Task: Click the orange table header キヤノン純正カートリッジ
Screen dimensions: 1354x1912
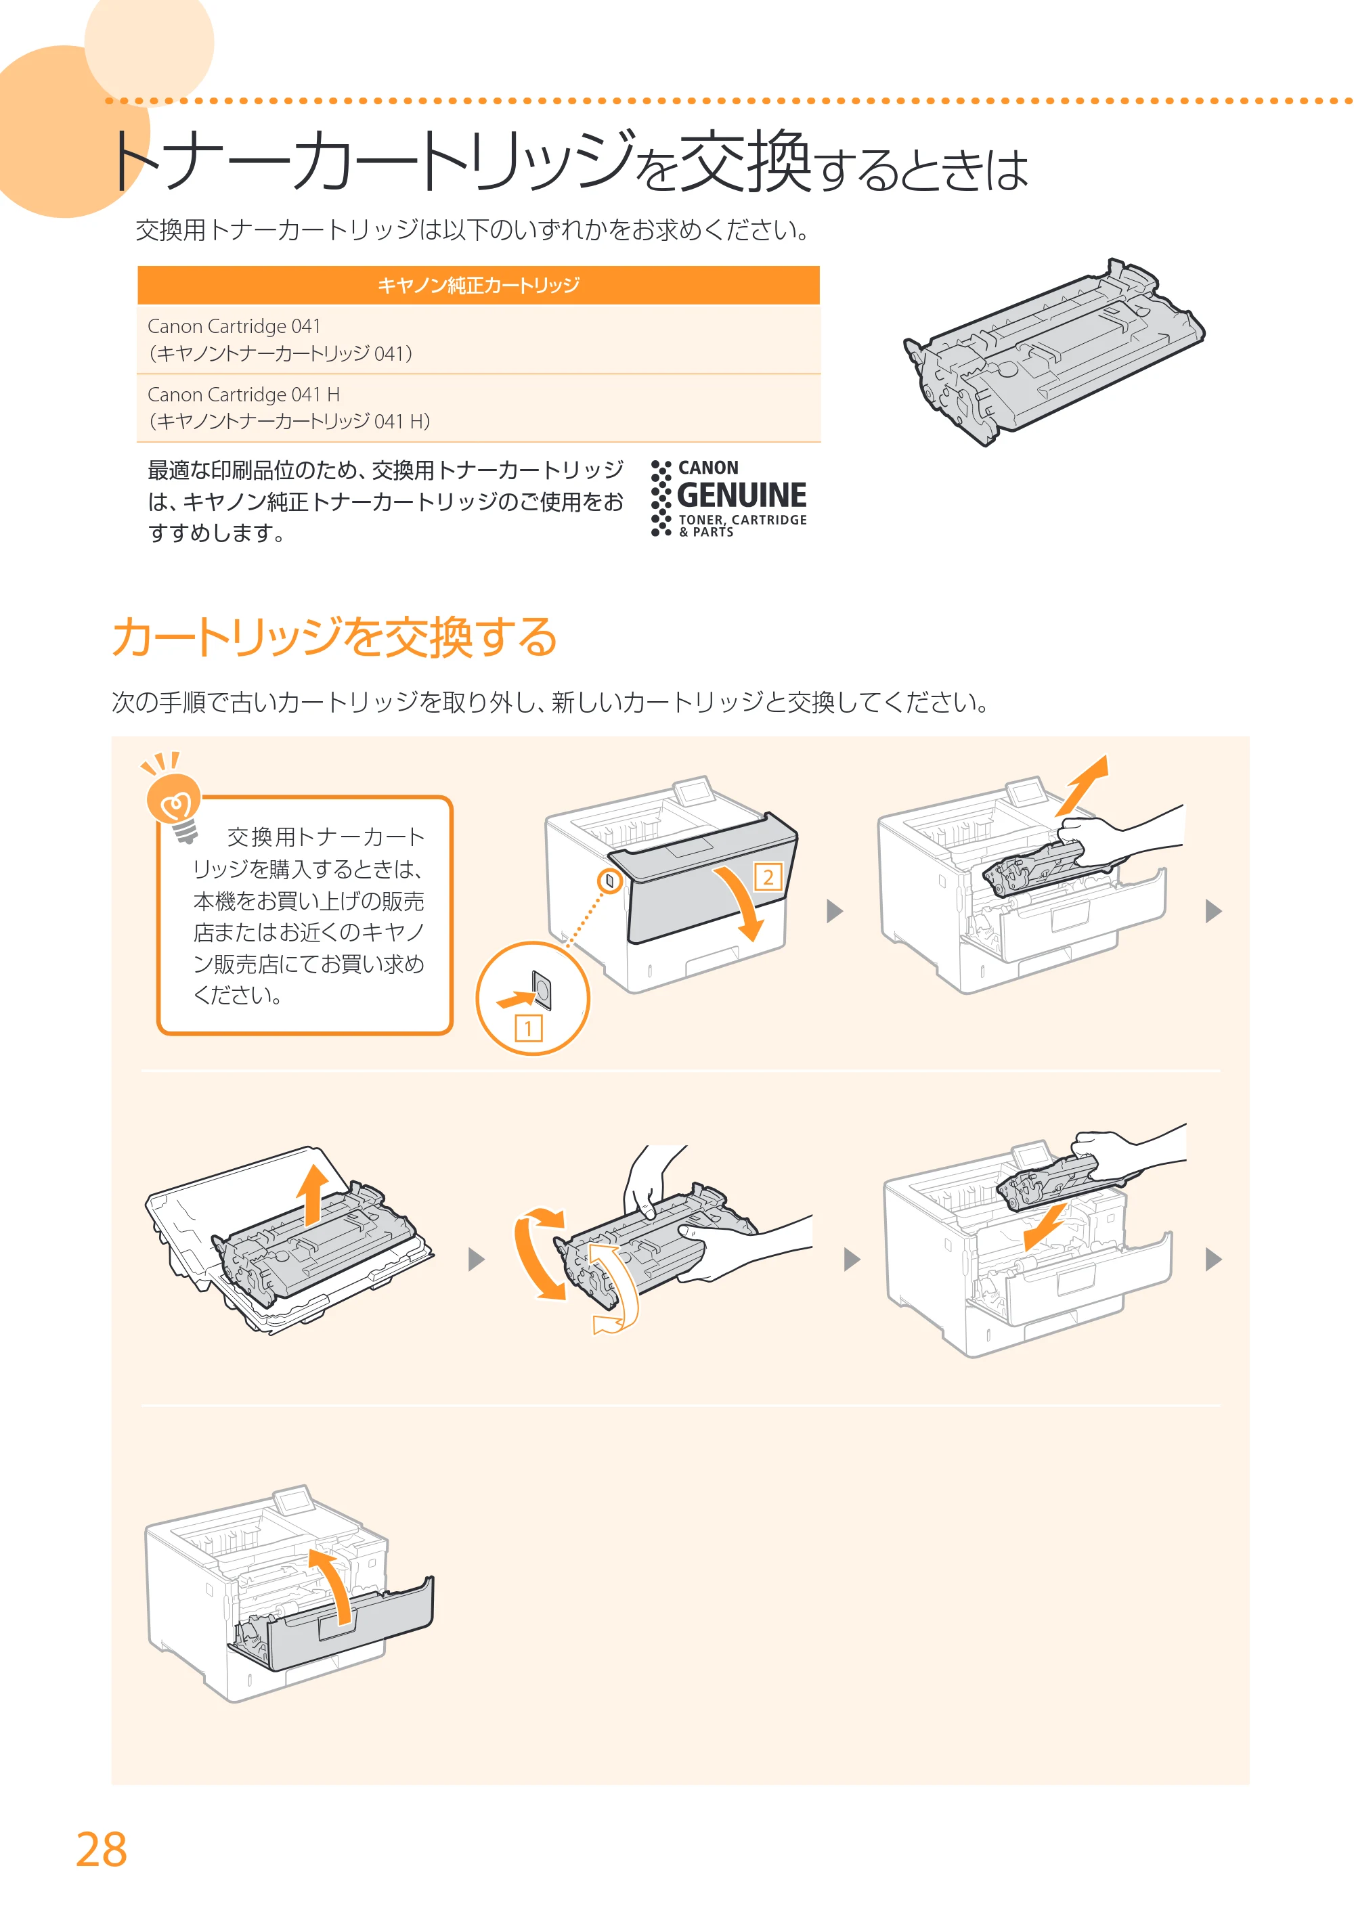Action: point(479,285)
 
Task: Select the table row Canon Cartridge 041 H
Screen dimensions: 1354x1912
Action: point(479,407)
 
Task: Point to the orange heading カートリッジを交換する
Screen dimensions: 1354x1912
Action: point(334,637)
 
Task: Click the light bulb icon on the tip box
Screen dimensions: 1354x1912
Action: point(173,799)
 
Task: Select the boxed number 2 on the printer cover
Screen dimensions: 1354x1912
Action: point(768,877)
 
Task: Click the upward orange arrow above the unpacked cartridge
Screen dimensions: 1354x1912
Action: point(313,1195)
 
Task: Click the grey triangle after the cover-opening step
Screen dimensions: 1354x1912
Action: point(835,911)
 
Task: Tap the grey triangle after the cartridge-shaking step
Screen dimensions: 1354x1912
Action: point(851,1260)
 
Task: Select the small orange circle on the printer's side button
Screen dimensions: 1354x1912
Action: point(610,880)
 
